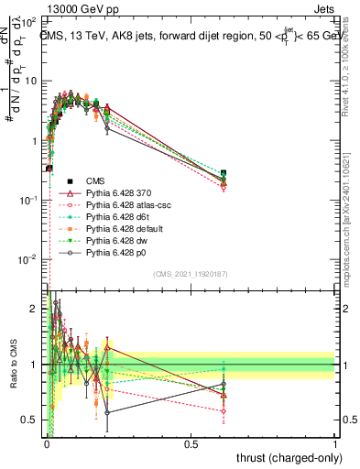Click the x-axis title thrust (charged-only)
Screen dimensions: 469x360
click(283, 458)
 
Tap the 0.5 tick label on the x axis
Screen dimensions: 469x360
click(191, 443)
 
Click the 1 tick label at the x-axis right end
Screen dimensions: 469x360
click(335, 443)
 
